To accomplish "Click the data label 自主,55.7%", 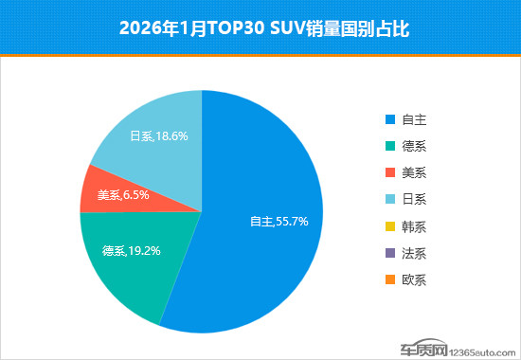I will (x=278, y=221).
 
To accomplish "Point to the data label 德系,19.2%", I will (x=131, y=252).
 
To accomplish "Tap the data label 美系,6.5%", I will (x=122, y=195).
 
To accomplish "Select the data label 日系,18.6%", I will (x=158, y=136).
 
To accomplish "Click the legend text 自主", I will (x=414, y=120).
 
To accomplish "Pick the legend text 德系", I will (x=414, y=147).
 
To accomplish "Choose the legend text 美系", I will (x=414, y=173).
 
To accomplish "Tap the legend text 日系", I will (x=414, y=200).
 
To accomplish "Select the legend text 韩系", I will (x=414, y=226).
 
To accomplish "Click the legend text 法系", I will (x=414, y=253).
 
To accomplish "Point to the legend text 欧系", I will (x=414, y=279).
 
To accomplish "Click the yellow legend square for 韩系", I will (x=389, y=226).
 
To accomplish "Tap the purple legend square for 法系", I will (x=389, y=253).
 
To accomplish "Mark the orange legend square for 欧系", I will (x=389, y=279).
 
